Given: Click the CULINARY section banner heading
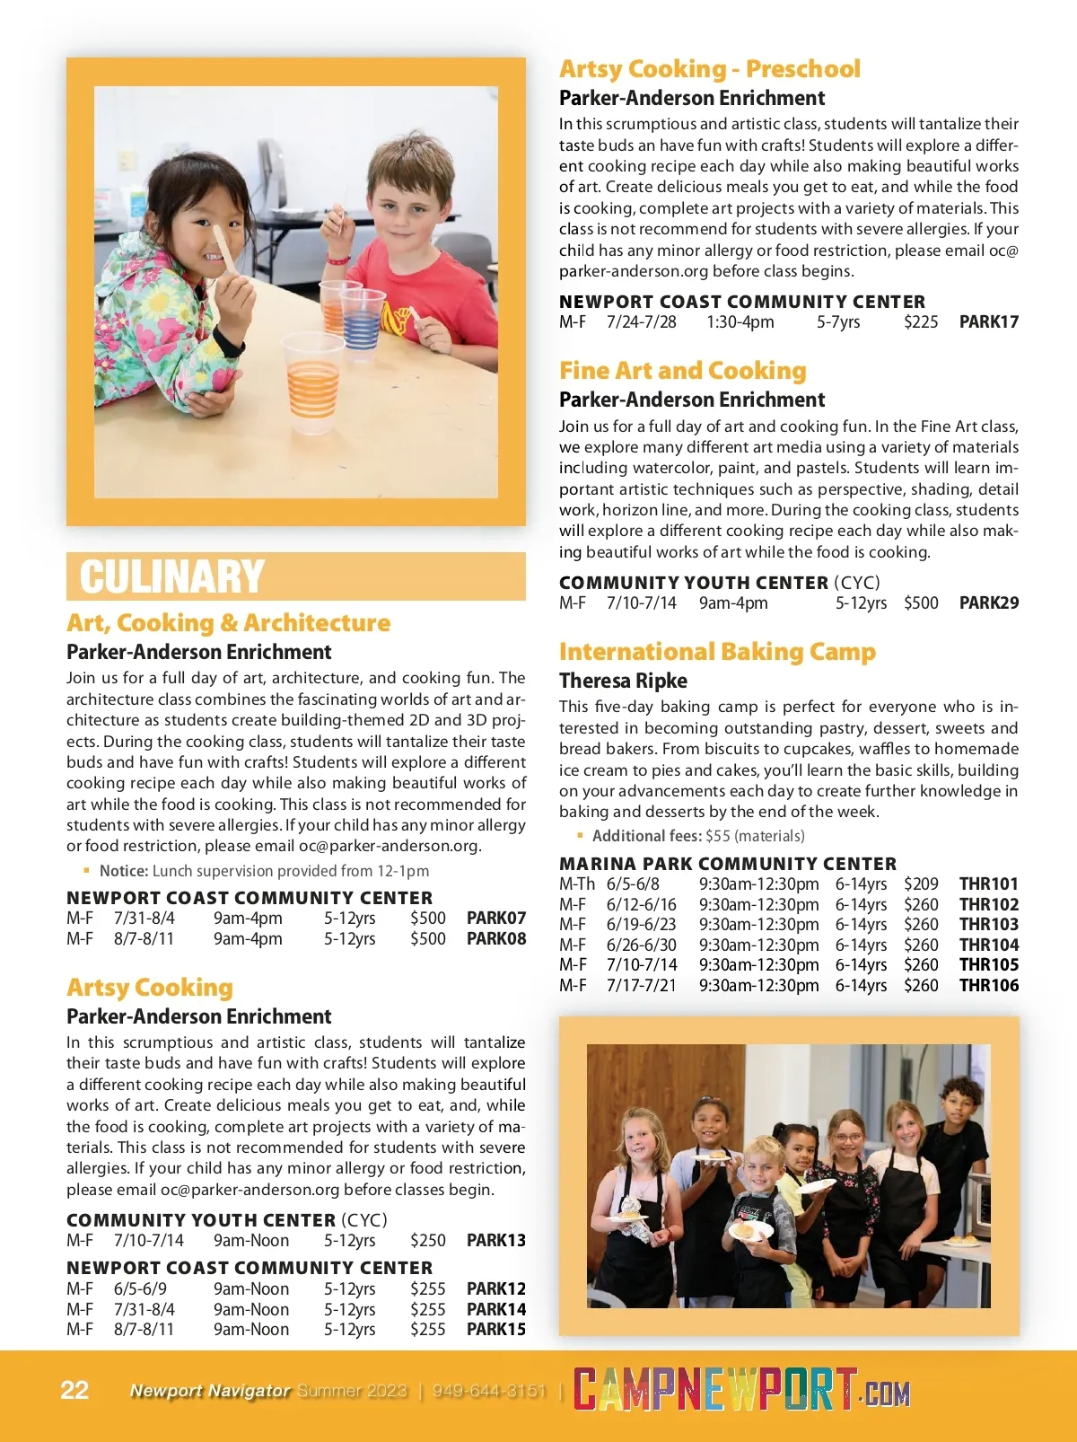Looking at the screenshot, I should point(171,576).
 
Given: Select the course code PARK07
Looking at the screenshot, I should point(496,918).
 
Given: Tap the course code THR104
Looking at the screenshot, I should point(988,945).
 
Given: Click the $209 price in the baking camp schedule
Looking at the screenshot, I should point(921,884).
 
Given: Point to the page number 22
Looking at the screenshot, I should point(74,1390).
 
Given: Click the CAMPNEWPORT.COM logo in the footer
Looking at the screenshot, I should point(741,1391).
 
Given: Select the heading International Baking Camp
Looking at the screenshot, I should point(716,651).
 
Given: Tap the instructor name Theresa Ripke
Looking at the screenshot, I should point(623,681).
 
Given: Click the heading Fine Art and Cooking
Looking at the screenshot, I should point(682,370).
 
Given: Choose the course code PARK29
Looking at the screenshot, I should point(988,602).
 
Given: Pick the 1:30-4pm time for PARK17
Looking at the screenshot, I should point(740,321).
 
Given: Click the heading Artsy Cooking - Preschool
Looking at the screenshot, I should point(709,68).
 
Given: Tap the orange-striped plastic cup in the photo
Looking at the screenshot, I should point(312,382).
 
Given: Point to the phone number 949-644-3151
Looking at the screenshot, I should point(489,1391).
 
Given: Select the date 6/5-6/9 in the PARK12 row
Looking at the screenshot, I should point(140,1288).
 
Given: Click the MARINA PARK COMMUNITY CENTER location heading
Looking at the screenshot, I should point(727,863).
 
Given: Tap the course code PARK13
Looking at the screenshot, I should point(496,1240).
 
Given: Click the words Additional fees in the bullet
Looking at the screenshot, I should point(646,835).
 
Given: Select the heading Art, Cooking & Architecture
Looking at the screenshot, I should point(228,622).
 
